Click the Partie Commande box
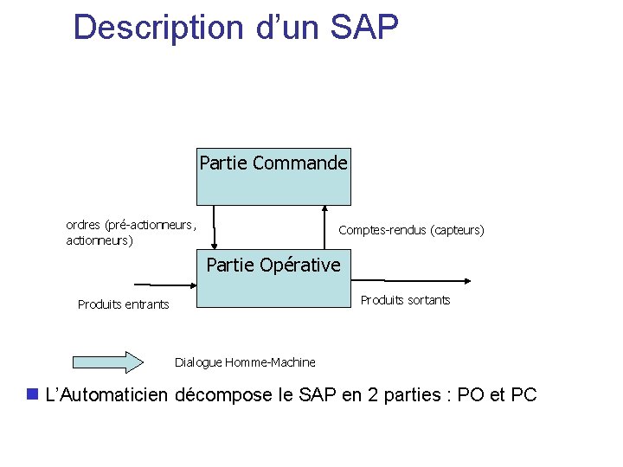click(274, 176)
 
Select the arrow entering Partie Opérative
click(164, 284)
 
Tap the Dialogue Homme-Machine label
click(245, 362)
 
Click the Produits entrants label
click(124, 304)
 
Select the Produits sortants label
click(405, 300)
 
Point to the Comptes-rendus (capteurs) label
click(411, 230)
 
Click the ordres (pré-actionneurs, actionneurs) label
click(131, 233)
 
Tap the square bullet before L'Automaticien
click(33, 394)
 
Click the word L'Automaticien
click(106, 395)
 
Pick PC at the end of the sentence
click(523, 395)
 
